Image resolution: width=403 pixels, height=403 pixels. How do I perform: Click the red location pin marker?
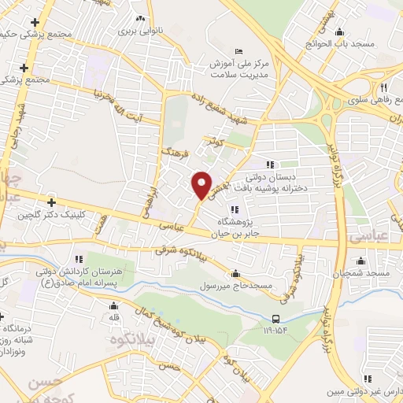[x=201, y=185]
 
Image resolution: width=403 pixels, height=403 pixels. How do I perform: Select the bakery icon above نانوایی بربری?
[x=141, y=19]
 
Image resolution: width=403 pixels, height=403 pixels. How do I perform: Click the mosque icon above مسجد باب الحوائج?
[x=340, y=32]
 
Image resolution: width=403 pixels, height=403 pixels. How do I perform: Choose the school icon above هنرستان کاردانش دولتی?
[x=77, y=257]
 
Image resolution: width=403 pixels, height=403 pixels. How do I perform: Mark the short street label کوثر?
[x=216, y=144]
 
